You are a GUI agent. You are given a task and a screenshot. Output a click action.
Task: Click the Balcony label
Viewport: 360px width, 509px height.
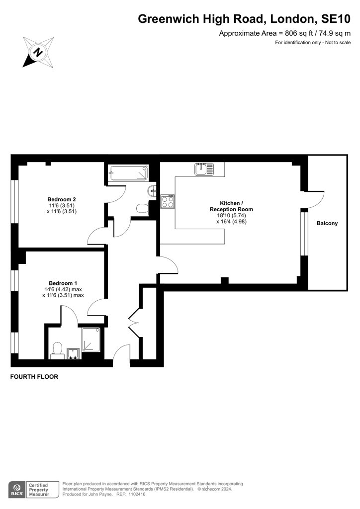327,223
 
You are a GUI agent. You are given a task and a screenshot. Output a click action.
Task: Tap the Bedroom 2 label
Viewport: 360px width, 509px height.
62,199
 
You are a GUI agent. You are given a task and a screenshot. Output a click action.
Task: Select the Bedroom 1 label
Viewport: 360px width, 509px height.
63,283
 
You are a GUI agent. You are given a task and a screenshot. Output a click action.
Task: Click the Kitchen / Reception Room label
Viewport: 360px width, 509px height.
231,206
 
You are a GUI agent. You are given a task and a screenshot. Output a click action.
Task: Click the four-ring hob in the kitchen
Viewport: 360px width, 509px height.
168,201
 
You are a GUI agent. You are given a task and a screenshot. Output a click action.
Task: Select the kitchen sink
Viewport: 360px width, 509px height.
204,169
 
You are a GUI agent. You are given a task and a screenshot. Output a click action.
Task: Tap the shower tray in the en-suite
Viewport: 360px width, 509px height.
91,339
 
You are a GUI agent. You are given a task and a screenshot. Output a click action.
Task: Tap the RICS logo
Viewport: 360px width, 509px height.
17,490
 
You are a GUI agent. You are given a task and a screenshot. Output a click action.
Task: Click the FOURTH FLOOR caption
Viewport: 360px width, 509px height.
34,377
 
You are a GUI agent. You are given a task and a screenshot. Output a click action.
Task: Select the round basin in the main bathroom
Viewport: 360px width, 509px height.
152,191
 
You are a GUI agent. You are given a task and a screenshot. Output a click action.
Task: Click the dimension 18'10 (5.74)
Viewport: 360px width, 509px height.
231,215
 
